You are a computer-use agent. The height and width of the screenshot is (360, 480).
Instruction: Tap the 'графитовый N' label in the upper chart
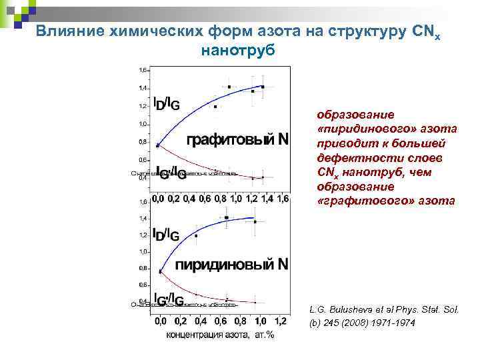tap(237, 139)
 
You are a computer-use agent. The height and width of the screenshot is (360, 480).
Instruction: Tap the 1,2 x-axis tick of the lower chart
tap(281, 321)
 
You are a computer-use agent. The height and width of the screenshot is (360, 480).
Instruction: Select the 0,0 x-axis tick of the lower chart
tap(161, 321)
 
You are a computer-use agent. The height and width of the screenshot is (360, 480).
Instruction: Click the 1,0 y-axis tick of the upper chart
tap(143, 124)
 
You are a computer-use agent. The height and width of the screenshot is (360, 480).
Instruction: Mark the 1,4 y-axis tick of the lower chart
tap(143, 218)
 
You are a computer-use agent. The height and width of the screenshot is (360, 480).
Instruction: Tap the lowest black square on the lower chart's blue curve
tap(161, 271)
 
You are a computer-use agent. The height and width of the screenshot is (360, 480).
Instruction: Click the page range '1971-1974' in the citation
tap(393, 323)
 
